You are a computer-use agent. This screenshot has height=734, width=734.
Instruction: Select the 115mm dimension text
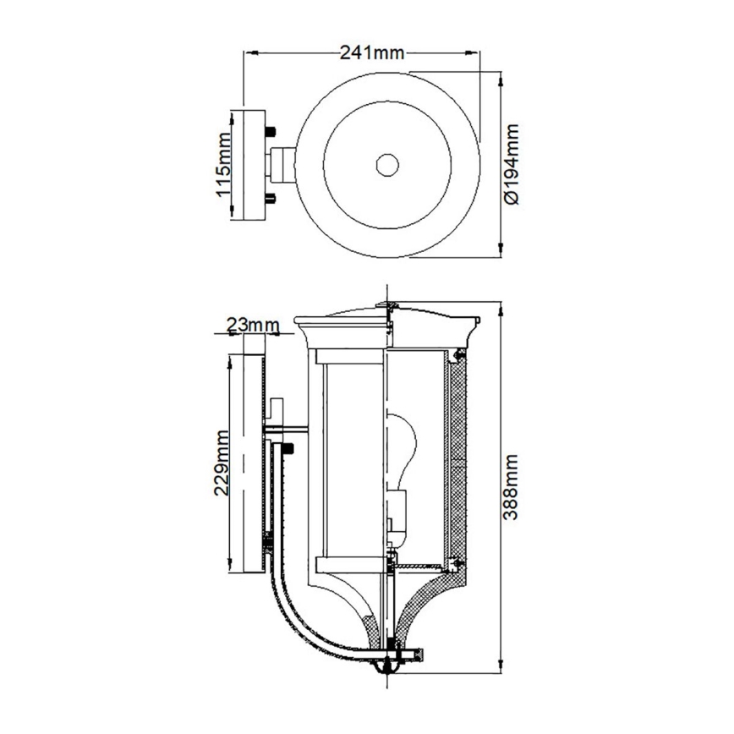224,165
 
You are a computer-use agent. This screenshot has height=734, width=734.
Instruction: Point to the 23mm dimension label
253,324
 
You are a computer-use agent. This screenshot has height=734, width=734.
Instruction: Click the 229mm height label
222,464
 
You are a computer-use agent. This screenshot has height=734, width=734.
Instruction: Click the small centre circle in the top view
388,164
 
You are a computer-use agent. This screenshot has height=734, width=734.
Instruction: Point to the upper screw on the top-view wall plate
271,132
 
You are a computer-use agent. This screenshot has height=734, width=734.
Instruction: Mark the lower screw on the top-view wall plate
271,198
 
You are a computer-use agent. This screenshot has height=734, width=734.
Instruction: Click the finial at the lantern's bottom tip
387,670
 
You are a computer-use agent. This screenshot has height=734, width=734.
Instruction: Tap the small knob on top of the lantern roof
386,304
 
